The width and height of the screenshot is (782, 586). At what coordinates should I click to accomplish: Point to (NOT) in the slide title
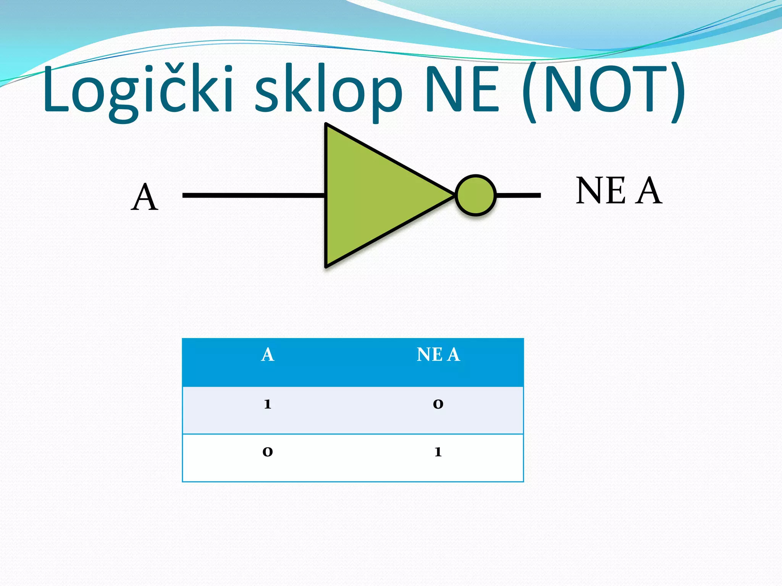[x=603, y=92]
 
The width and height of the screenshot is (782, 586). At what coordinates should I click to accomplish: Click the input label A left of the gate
[x=144, y=198]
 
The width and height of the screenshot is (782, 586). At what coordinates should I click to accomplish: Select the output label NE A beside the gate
[x=619, y=191]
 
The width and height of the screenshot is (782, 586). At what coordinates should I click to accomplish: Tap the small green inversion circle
[x=475, y=195]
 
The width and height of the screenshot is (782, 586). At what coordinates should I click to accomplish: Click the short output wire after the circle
[x=519, y=195]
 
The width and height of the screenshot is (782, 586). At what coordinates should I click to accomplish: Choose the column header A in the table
[x=268, y=355]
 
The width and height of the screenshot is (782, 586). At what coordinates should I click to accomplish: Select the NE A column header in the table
[x=438, y=355]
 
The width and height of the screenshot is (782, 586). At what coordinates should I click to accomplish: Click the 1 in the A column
[x=268, y=404]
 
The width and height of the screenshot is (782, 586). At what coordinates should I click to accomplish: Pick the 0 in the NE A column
[x=438, y=404]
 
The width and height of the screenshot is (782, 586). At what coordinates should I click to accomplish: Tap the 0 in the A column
[x=268, y=452]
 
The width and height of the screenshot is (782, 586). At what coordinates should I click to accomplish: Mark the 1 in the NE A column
[x=438, y=452]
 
